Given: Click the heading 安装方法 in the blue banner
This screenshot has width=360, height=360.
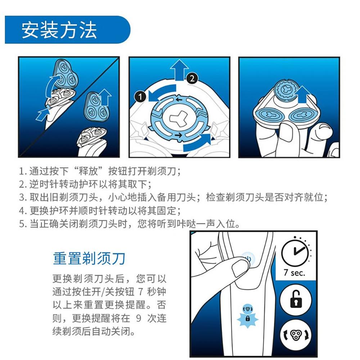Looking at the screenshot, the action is [x=59, y=30].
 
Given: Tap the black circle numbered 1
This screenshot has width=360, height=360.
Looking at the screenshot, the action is [x=140, y=96].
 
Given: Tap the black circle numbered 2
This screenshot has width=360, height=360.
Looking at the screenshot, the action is [x=192, y=78].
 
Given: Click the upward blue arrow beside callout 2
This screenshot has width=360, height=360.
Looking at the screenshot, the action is [x=179, y=70].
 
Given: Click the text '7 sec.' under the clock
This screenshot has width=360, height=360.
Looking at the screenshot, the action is [x=294, y=273].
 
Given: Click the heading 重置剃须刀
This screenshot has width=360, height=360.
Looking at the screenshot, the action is [x=89, y=258].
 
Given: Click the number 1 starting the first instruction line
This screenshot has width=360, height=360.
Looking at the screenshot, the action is [x=22, y=171].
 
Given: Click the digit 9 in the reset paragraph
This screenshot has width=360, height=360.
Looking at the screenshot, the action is [x=139, y=318].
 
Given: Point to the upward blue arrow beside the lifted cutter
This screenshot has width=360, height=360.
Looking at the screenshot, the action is [x=303, y=95].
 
